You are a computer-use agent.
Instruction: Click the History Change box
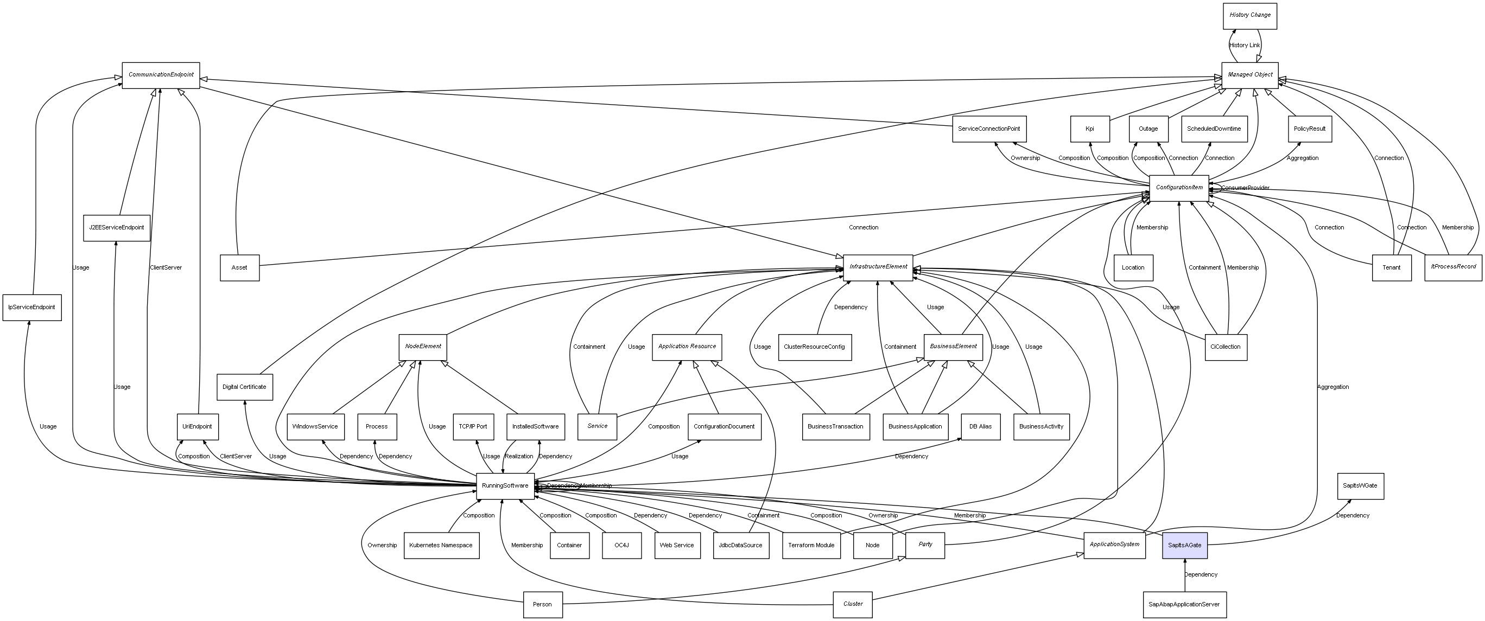1250,16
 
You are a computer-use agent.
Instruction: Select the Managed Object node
1250,75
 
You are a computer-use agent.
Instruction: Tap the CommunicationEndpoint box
161,75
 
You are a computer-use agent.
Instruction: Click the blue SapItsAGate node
1185,545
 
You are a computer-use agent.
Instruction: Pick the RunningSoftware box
505,485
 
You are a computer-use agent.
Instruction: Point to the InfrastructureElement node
878,267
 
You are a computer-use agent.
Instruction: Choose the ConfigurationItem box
1179,188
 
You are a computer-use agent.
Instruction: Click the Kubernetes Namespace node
441,545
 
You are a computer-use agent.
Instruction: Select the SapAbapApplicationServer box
1185,604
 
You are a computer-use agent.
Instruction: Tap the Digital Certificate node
244,387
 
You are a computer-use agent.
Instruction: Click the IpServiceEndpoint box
31,308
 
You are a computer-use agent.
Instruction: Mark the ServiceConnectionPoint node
989,129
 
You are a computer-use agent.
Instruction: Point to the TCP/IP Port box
473,427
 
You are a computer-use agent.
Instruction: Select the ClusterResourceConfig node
814,347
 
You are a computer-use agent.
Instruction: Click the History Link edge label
1244,46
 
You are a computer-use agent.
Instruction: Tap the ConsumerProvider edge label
1245,188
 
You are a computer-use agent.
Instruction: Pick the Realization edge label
519,456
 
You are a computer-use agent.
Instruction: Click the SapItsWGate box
1360,486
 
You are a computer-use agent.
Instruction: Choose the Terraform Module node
811,545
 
